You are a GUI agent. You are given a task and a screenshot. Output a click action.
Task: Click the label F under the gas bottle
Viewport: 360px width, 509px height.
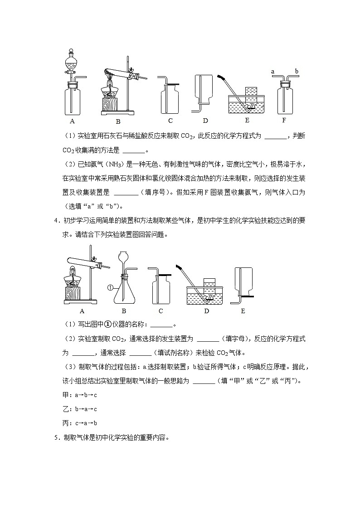(x=284, y=121)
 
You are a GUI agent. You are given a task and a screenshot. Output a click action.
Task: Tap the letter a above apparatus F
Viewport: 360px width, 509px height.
(x=273, y=71)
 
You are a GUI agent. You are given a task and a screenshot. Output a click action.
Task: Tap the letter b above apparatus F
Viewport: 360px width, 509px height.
(x=297, y=71)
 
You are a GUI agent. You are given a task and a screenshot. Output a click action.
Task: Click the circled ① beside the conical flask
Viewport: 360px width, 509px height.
(x=110, y=287)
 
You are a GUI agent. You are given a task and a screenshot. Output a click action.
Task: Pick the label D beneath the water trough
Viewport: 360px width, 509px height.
(x=206, y=311)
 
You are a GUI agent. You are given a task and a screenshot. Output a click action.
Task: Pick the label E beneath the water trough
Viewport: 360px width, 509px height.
(x=247, y=121)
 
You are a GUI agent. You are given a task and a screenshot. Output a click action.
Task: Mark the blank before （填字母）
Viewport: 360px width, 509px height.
(x=209, y=339)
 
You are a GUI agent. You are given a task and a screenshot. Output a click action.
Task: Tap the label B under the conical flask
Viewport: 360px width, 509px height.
(x=124, y=311)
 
